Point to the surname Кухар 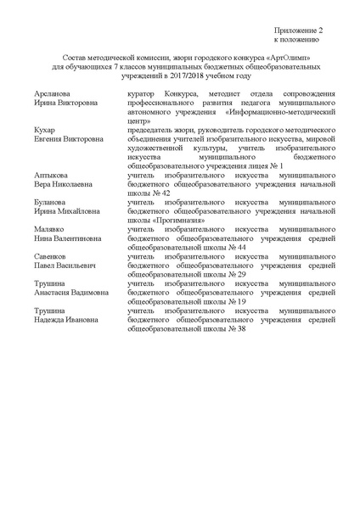(x=46, y=129)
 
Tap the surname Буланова (x=53, y=203)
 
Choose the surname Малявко (x=53, y=230)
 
